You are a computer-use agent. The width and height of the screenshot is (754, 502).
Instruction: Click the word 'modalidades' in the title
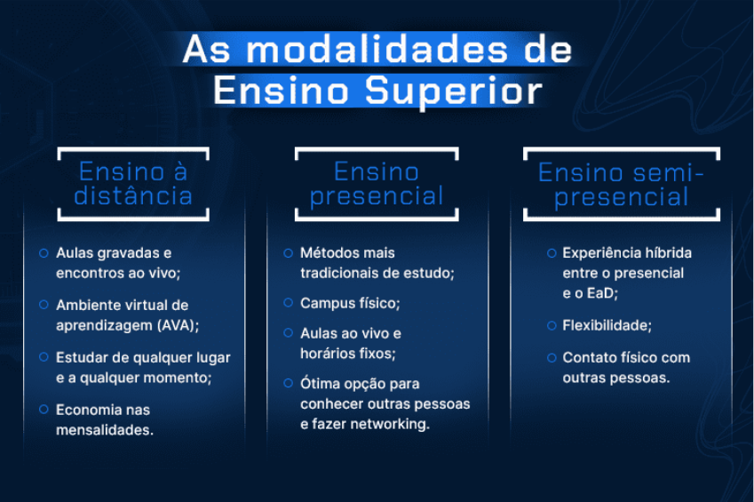pos(371,50)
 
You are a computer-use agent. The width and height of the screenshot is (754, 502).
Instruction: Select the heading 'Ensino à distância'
pos(133,184)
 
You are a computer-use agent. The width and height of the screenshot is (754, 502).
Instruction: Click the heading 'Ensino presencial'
pos(377,184)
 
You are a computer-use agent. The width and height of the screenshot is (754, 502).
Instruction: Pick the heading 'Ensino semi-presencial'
pos(621,184)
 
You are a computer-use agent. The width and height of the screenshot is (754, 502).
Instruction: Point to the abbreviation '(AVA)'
pos(175,325)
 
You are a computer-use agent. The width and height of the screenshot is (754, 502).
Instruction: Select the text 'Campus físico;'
pos(350,303)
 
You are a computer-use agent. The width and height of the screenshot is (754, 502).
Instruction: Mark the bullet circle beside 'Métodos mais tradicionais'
pos(288,253)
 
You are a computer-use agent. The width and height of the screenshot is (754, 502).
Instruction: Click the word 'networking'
pos(392,425)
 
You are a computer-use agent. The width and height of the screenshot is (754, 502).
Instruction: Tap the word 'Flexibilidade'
pos(606,325)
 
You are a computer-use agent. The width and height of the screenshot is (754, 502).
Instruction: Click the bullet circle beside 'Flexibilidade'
pos(551,325)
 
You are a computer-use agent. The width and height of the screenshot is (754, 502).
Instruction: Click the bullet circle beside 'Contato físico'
pos(551,357)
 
